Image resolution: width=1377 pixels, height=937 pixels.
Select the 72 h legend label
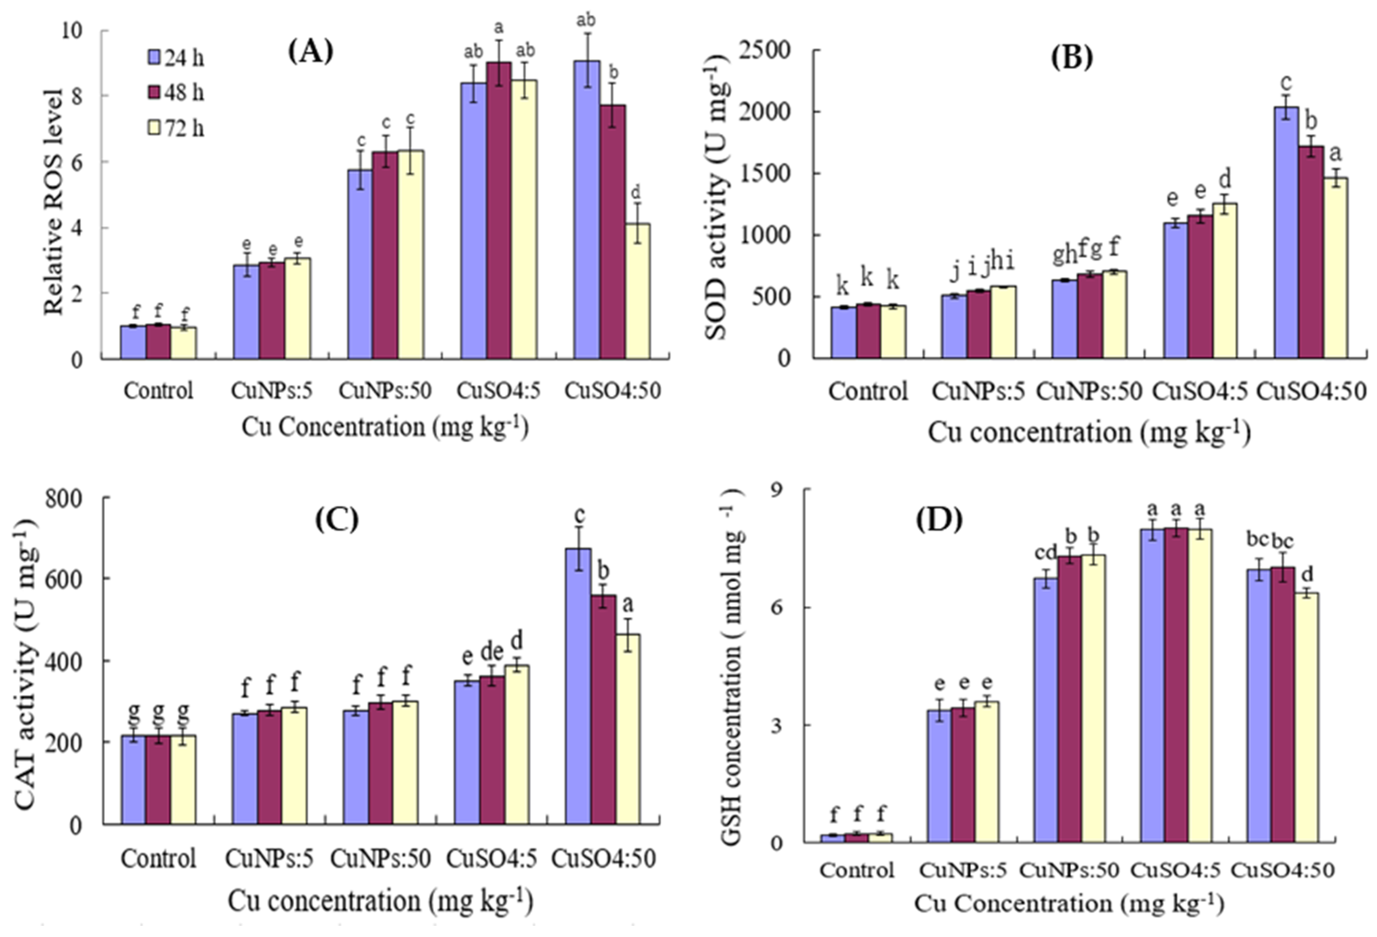click(184, 128)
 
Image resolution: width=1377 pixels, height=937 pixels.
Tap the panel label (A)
click(311, 52)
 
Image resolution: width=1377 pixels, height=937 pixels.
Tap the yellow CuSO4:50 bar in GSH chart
click(1306, 717)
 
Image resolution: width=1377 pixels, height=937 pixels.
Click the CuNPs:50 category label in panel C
click(380, 859)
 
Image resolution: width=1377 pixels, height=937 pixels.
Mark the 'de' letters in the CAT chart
click(491, 651)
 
